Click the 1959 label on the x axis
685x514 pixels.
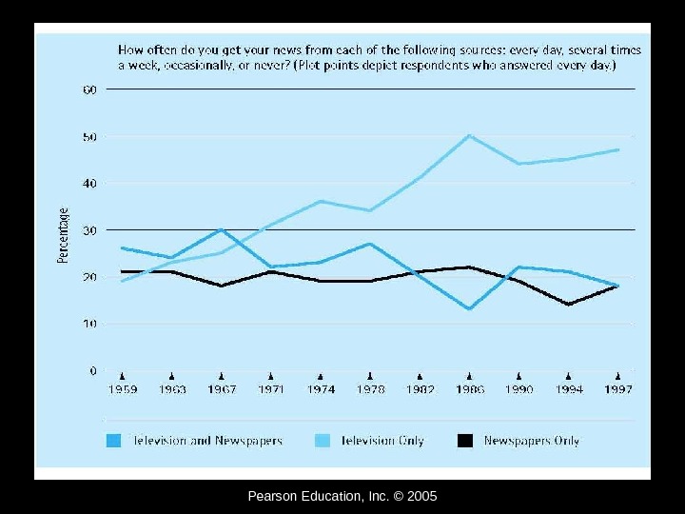(122, 390)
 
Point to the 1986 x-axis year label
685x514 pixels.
(469, 390)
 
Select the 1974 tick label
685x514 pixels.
(321, 390)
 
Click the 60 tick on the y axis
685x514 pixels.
(89, 89)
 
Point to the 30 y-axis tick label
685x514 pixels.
(89, 230)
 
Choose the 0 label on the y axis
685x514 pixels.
(93, 370)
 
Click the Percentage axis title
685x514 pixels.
(64, 235)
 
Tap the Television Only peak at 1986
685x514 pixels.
(469, 135)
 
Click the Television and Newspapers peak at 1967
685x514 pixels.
(222, 229)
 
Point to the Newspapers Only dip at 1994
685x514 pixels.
(568, 305)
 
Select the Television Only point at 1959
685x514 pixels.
(122, 281)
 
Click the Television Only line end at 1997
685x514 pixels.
(618, 149)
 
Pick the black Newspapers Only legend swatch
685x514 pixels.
(465, 441)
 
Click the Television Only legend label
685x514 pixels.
(382, 441)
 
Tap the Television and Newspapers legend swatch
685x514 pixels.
(114, 441)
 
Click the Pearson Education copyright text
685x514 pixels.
(342, 496)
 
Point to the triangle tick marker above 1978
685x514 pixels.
(370, 375)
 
